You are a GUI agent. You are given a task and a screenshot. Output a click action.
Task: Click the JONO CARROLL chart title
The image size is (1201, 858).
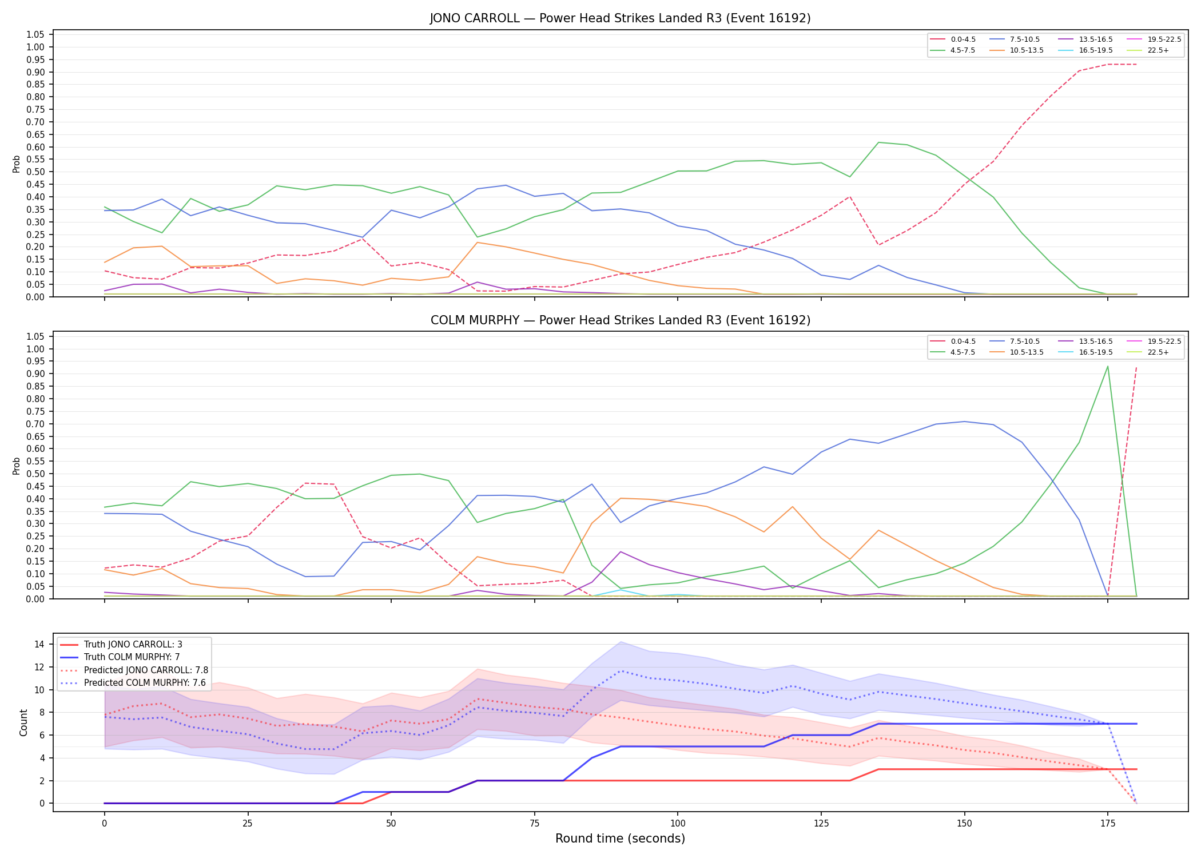(x=620, y=18)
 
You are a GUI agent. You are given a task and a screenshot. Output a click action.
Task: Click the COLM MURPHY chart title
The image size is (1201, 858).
(x=620, y=320)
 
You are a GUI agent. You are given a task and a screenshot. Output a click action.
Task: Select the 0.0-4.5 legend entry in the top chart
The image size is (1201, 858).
(x=953, y=39)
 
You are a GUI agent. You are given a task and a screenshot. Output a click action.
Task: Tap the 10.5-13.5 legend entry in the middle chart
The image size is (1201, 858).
(x=1017, y=352)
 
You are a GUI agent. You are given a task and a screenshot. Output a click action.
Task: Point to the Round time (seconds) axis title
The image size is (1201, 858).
(x=620, y=839)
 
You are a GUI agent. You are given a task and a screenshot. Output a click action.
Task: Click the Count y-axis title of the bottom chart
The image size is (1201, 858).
(x=23, y=722)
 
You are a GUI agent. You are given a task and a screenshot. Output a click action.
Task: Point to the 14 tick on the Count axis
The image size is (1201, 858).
(x=39, y=644)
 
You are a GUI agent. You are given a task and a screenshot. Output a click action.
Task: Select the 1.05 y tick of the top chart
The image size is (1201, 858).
(x=36, y=34)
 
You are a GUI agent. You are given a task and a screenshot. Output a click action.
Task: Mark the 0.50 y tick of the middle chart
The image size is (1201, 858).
(x=36, y=474)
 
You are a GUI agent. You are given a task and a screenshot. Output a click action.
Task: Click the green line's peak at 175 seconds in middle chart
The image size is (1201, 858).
(x=1108, y=366)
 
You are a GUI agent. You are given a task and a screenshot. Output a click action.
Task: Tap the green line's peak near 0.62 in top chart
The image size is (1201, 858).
(x=878, y=142)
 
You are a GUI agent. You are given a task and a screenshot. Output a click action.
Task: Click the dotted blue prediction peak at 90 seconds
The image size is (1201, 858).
(x=621, y=670)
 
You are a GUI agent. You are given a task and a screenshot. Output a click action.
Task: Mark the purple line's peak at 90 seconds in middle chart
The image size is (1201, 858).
(x=621, y=551)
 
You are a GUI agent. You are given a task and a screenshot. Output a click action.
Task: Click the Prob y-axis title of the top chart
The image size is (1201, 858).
(x=17, y=164)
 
